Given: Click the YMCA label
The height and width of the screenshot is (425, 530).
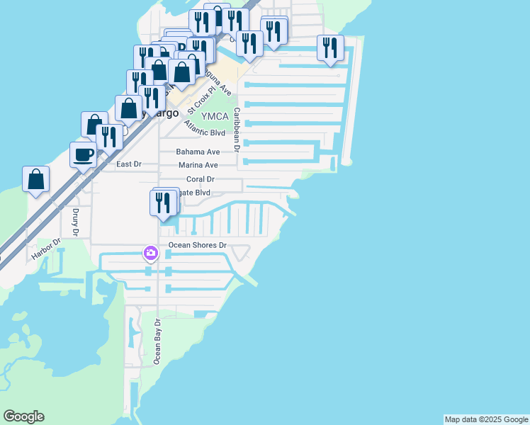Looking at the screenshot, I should click(214, 117).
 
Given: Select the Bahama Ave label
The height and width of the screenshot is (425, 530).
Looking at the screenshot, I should click(198, 152).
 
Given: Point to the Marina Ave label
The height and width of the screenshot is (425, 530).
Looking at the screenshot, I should click(198, 165).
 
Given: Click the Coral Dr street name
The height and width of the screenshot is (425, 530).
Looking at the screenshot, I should click(201, 179).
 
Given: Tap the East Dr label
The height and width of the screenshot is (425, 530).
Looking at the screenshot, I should click(128, 164).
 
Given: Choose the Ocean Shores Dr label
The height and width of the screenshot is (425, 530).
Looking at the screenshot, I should click(197, 246).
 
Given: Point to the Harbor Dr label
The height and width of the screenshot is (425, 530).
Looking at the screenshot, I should click(47, 250).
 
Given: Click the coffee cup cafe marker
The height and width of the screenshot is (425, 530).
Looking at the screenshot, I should click(83, 154).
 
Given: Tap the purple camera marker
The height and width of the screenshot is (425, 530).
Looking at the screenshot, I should click(150, 253).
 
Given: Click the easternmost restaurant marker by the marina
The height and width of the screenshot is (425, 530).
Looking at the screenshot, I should click(330, 48).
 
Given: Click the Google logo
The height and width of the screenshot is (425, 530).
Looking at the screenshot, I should click(23, 416).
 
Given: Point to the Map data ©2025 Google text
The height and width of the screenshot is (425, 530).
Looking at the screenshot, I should click(485, 419).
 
